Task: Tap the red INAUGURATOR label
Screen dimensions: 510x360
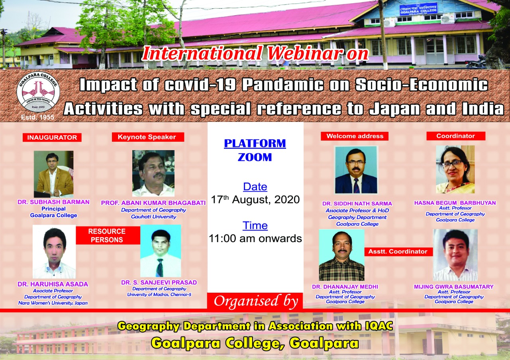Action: click(x=52, y=137)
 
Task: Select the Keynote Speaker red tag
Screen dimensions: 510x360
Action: click(x=148, y=137)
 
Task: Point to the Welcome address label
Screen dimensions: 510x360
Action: click(x=355, y=136)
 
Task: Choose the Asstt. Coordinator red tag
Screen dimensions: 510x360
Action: click(x=398, y=252)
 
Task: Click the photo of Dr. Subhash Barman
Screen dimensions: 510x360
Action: click(x=53, y=174)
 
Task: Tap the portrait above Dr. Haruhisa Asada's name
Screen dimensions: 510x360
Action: click(x=54, y=252)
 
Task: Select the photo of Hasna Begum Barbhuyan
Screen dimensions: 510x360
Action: click(x=455, y=170)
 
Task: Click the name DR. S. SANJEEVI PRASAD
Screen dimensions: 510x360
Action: click(x=159, y=282)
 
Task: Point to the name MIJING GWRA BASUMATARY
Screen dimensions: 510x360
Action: click(x=454, y=287)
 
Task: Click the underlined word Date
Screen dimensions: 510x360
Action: click(x=255, y=187)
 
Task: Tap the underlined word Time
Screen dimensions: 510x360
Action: click(x=255, y=226)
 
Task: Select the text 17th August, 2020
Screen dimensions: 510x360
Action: click(x=255, y=200)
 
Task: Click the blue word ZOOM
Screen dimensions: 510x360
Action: click(x=255, y=157)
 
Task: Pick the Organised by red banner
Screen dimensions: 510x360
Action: click(x=255, y=301)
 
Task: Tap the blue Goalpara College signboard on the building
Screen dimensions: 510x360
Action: click(x=418, y=9)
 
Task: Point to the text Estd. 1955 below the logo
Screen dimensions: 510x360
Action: click(x=37, y=117)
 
